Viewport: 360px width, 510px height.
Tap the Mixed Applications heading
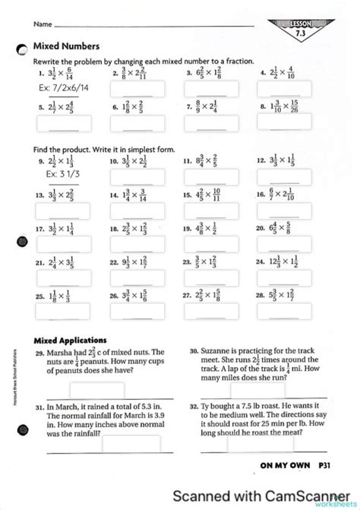[70, 339]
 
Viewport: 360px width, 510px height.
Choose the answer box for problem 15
[205, 211]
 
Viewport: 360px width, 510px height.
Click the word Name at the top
[42, 24]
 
